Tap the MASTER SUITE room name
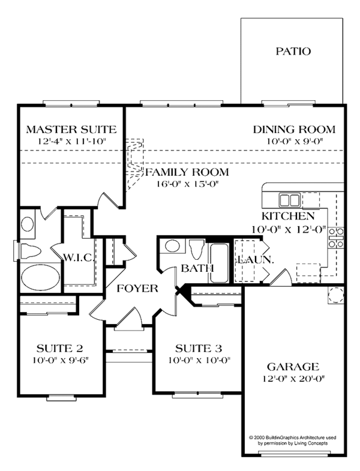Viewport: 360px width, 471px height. coord(71,130)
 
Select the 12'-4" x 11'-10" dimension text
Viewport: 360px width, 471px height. coord(73,141)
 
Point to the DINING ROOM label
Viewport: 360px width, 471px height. coord(294,130)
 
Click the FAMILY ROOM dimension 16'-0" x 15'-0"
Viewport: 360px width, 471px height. coord(187,184)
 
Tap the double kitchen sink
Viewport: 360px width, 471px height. coord(289,200)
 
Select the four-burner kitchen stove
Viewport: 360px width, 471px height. coord(336,238)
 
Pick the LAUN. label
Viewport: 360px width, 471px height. coord(256,260)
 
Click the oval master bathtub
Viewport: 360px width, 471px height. coord(41,277)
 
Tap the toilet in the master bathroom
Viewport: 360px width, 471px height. coord(30,251)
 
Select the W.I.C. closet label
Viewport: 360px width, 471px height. coord(79,257)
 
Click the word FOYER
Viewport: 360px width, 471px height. coord(137,289)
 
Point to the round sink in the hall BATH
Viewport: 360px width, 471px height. coord(172,246)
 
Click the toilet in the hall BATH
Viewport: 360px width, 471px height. coord(197,249)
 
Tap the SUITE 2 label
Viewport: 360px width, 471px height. coord(59,349)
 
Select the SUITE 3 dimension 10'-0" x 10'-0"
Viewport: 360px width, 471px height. coord(199,360)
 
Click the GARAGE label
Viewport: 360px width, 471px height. coord(293,367)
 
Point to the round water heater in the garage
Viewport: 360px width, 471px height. coord(335,295)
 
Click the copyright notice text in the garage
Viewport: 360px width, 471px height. coord(293,440)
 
